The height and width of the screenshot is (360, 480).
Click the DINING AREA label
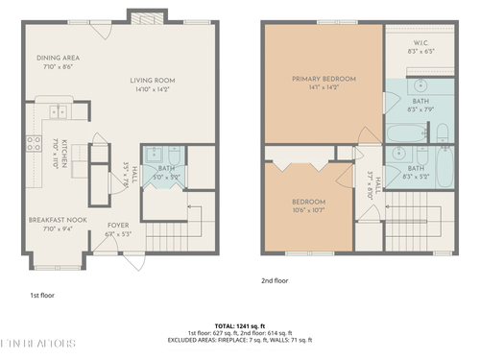(x=44, y=57)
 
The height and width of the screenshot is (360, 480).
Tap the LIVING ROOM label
(x=153, y=81)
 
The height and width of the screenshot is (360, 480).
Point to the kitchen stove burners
(x=35, y=146)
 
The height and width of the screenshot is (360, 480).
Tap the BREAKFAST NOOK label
(x=45, y=219)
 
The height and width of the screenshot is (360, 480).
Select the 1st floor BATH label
(x=166, y=168)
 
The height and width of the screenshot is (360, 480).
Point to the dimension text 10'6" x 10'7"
(x=309, y=209)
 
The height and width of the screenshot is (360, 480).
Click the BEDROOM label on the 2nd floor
(x=309, y=201)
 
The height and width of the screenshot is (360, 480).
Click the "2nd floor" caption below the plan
(x=275, y=281)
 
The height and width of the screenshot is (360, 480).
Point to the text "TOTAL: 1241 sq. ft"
(x=239, y=325)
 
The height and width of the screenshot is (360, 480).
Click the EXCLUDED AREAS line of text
(x=239, y=341)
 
